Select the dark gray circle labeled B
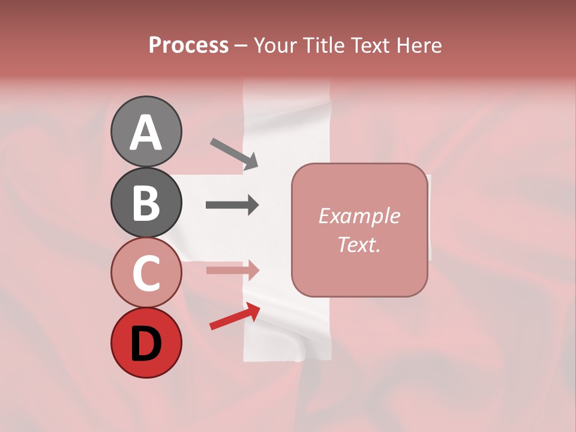(x=146, y=202)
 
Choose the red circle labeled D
(x=146, y=343)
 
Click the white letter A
(x=146, y=132)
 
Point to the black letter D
(x=146, y=344)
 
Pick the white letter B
(x=146, y=203)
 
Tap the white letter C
(x=146, y=272)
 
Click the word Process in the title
(x=188, y=45)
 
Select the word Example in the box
(x=359, y=216)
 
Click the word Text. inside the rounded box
(x=359, y=244)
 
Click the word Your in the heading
(x=275, y=45)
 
